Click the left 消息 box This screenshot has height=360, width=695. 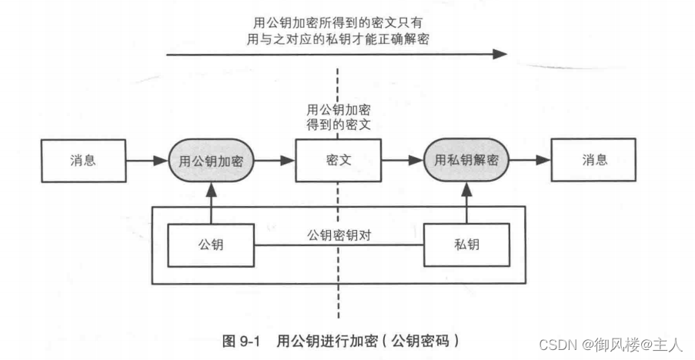click(x=82, y=161)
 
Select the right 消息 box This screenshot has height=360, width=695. click(x=594, y=161)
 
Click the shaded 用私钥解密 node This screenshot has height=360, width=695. click(x=466, y=161)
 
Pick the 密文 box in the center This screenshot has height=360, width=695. click(x=338, y=161)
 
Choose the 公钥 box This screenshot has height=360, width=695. click(x=210, y=244)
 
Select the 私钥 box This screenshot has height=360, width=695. click(x=466, y=244)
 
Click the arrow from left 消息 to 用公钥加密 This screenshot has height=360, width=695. click(x=145, y=161)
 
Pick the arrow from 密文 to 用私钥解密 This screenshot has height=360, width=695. click(x=402, y=161)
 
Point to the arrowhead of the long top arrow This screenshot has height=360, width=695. click(x=500, y=54)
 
